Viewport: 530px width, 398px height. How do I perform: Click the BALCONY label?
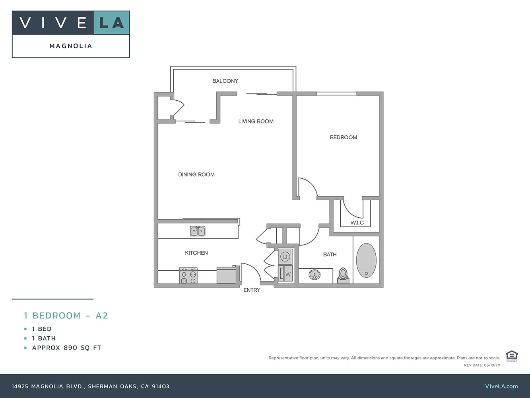pyautogui.click(x=225, y=81)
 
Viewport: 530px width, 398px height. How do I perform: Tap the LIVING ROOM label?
pyautogui.click(x=256, y=121)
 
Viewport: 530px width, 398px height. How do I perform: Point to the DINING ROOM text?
pyautogui.click(x=196, y=175)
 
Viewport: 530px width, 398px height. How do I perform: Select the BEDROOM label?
pyautogui.click(x=344, y=137)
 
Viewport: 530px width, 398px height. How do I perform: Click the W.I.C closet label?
pyautogui.click(x=357, y=223)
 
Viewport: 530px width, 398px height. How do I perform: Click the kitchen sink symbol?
pyautogui.click(x=198, y=231)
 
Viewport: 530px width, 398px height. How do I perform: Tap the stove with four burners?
pyautogui.click(x=188, y=275)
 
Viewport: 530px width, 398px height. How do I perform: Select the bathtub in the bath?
pyautogui.click(x=366, y=260)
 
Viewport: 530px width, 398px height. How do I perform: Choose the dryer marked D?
pyautogui.click(x=285, y=257)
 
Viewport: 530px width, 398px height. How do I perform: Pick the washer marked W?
pyautogui.click(x=286, y=274)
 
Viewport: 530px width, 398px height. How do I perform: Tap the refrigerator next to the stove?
pyautogui.click(x=227, y=275)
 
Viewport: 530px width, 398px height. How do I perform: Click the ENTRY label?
pyautogui.click(x=252, y=290)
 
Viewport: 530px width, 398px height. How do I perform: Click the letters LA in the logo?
pyautogui.click(x=112, y=23)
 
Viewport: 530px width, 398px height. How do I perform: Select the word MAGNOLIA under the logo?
pyautogui.click(x=71, y=46)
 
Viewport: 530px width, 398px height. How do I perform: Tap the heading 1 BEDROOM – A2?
pyautogui.click(x=66, y=316)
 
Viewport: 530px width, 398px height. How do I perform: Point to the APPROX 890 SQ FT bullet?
pyautogui.click(x=66, y=348)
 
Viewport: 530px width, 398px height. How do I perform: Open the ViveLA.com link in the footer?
pyautogui.click(x=501, y=386)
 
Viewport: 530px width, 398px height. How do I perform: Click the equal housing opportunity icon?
pyautogui.click(x=511, y=356)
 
